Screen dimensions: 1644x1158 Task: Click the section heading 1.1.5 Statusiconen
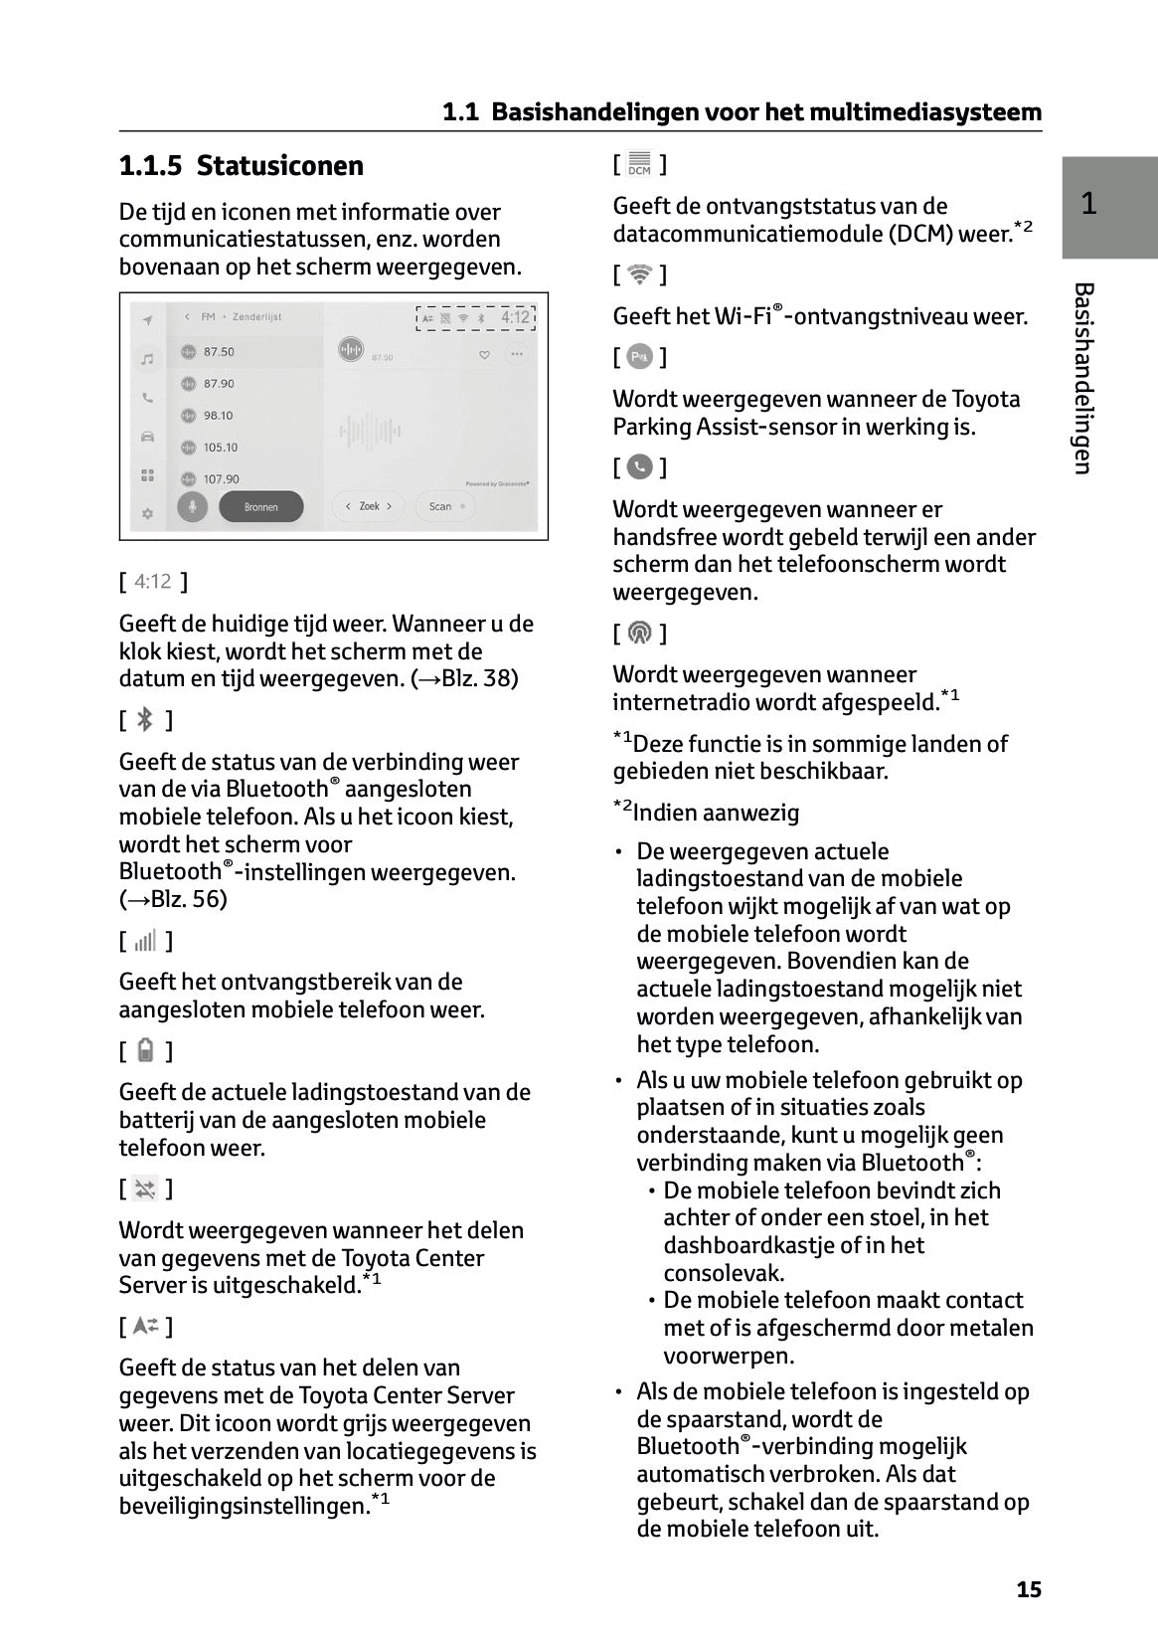pyautogui.click(x=242, y=165)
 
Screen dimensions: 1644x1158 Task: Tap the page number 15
pyautogui.click(x=1029, y=1589)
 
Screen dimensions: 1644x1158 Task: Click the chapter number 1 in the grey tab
pyautogui.click(x=1089, y=204)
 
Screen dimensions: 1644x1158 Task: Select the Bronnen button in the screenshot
pyautogui.click(x=260, y=507)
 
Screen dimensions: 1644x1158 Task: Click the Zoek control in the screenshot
pyautogui.click(x=369, y=506)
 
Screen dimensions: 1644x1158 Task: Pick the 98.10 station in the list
pyautogui.click(x=218, y=416)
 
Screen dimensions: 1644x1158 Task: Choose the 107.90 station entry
pyautogui.click(x=221, y=479)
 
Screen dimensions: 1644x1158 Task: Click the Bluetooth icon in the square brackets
pyautogui.click(x=145, y=719)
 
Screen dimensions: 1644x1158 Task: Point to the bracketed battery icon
pyautogui.click(x=145, y=1050)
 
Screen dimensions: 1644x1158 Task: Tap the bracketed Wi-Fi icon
pyautogui.click(x=639, y=274)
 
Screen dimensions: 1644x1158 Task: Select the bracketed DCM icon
pyautogui.click(x=639, y=164)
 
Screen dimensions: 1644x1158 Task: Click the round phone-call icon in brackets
pyautogui.click(x=640, y=466)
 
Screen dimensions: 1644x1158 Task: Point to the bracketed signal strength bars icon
pyautogui.click(x=145, y=941)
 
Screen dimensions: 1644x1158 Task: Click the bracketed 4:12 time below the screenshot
pyautogui.click(x=153, y=581)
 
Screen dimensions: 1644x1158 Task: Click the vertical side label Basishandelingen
pyautogui.click(x=1083, y=378)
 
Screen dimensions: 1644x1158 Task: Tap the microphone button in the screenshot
pyautogui.click(x=193, y=506)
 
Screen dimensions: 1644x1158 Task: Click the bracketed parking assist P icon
pyautogui.click(x=640, y=356)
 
